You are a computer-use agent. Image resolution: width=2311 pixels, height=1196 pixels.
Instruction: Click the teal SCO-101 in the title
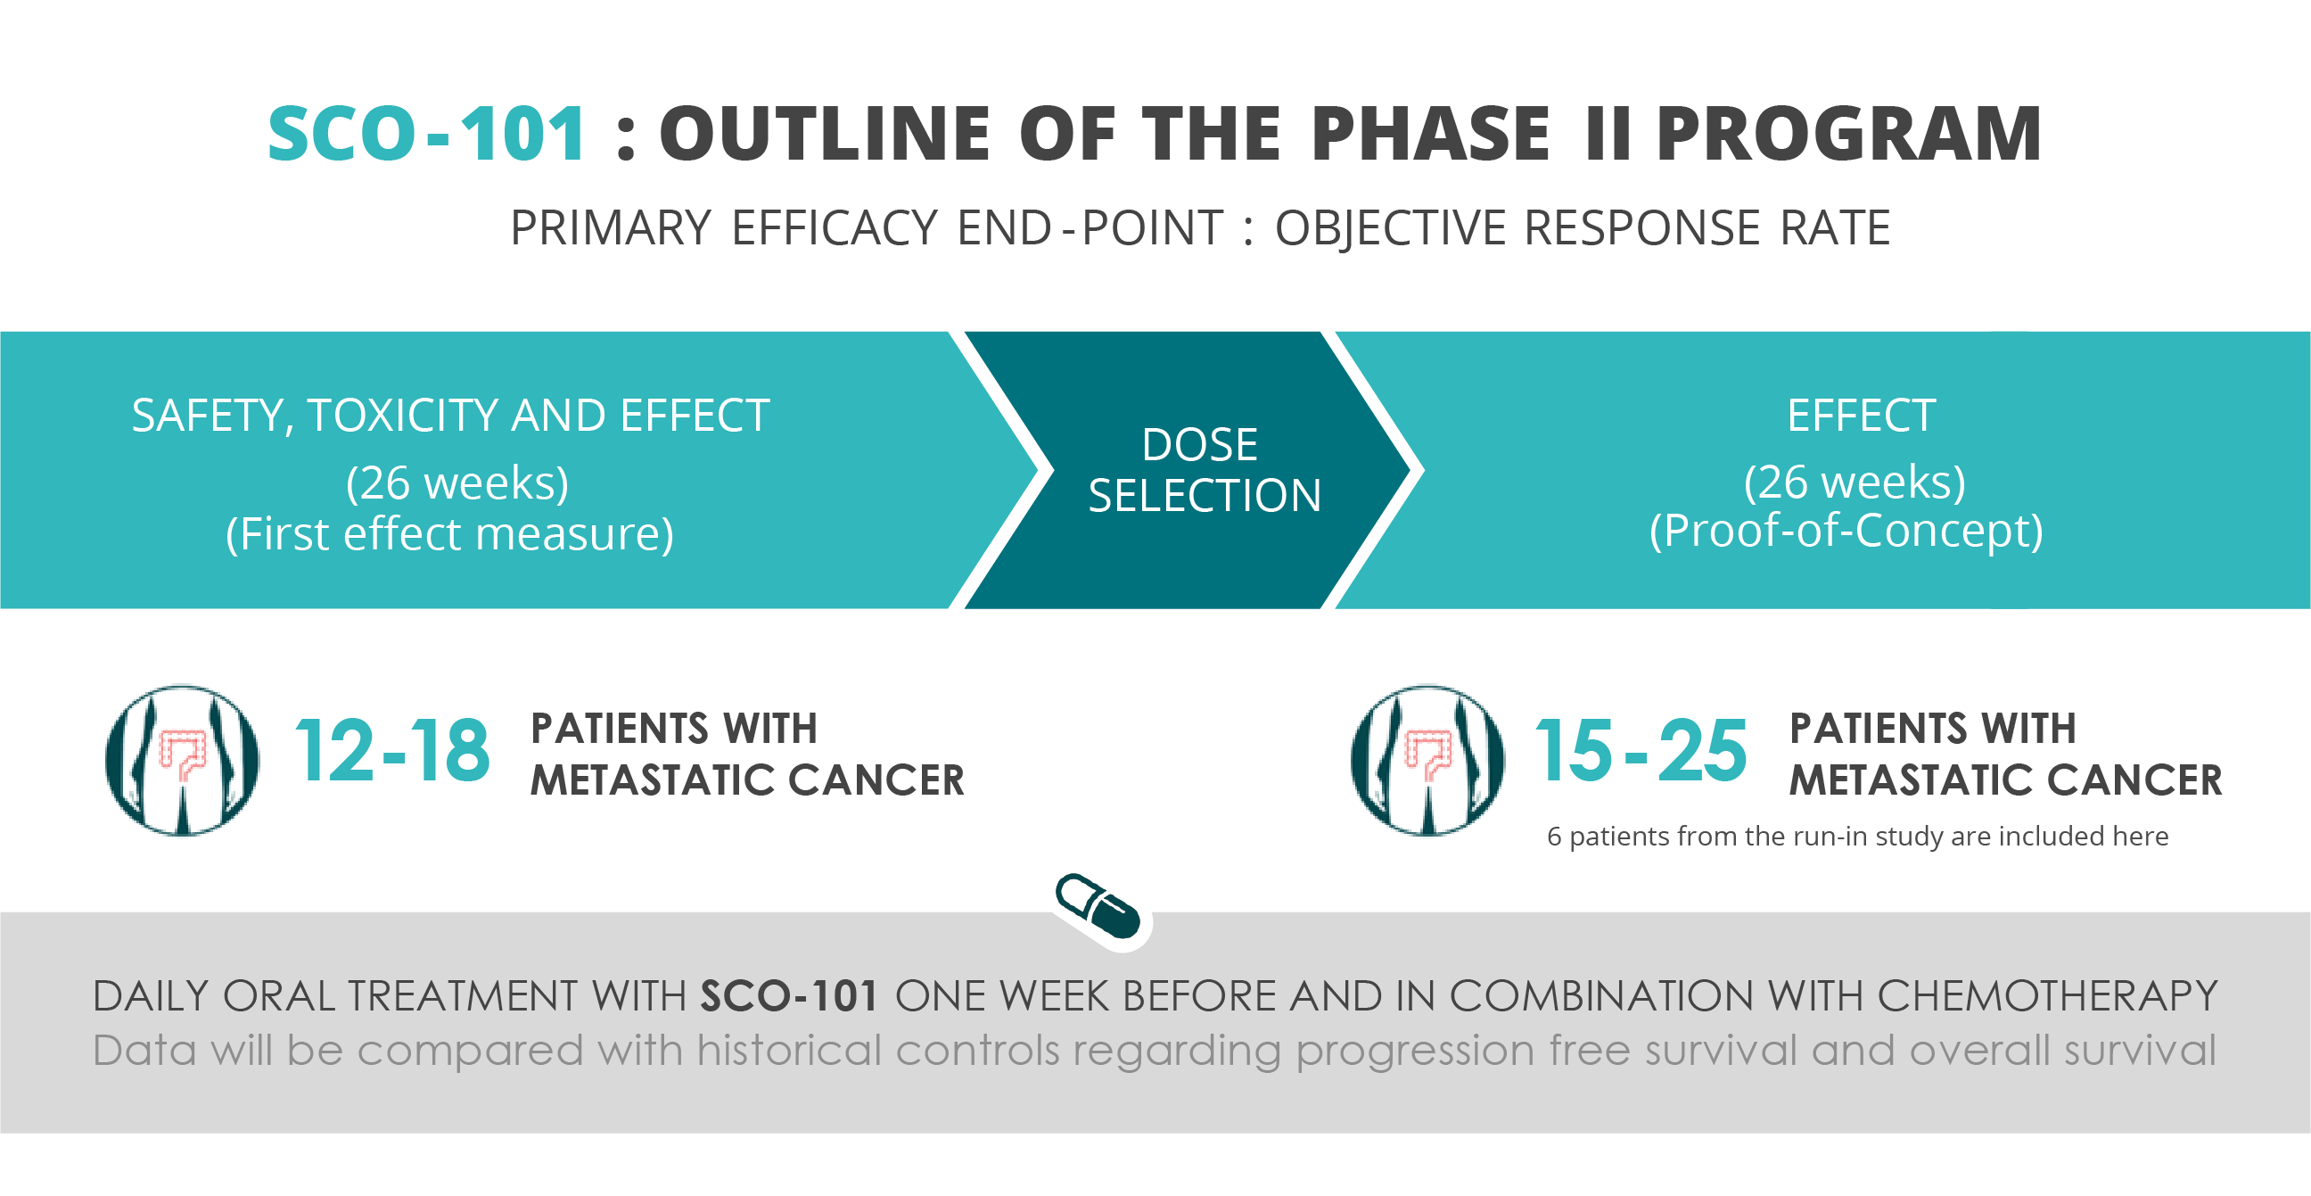[x=427, y=134]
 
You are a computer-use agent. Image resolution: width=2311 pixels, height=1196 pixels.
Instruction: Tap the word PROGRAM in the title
[x=1849, y=134]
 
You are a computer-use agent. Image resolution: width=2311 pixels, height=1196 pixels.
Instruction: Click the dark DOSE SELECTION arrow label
[x=1204, y=469]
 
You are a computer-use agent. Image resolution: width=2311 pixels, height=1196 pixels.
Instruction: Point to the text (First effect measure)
[x=449, y=534]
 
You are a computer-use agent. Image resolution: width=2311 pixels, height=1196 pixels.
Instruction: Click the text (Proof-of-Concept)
[x=1846, y=531]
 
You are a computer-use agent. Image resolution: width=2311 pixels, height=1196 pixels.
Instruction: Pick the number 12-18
[x=392, y=751]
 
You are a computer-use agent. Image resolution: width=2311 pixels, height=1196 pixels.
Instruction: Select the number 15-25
[x=1641, y=751]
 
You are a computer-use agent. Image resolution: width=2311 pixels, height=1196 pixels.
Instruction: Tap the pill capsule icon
[x=1098, y=906]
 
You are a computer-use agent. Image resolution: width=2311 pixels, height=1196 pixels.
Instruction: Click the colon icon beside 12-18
[x=182, y=760]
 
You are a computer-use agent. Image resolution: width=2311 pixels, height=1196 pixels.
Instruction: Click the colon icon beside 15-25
[x=1427, y=760]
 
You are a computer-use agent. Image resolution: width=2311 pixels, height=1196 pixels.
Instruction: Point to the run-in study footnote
[x=1857, y=837]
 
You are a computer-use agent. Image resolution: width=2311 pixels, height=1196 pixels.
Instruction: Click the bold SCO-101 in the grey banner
[x=788, y=996]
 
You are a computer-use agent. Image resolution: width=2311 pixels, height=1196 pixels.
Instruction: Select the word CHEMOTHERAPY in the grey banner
[x=2046, y=996]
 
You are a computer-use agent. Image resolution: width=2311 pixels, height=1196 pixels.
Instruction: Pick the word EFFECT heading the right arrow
[x=1861, y=416]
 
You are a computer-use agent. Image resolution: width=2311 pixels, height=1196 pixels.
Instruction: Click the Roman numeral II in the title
[x=1608, y=134]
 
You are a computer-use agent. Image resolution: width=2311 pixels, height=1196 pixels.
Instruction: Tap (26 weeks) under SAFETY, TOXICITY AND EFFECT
[x=457, y=483]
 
